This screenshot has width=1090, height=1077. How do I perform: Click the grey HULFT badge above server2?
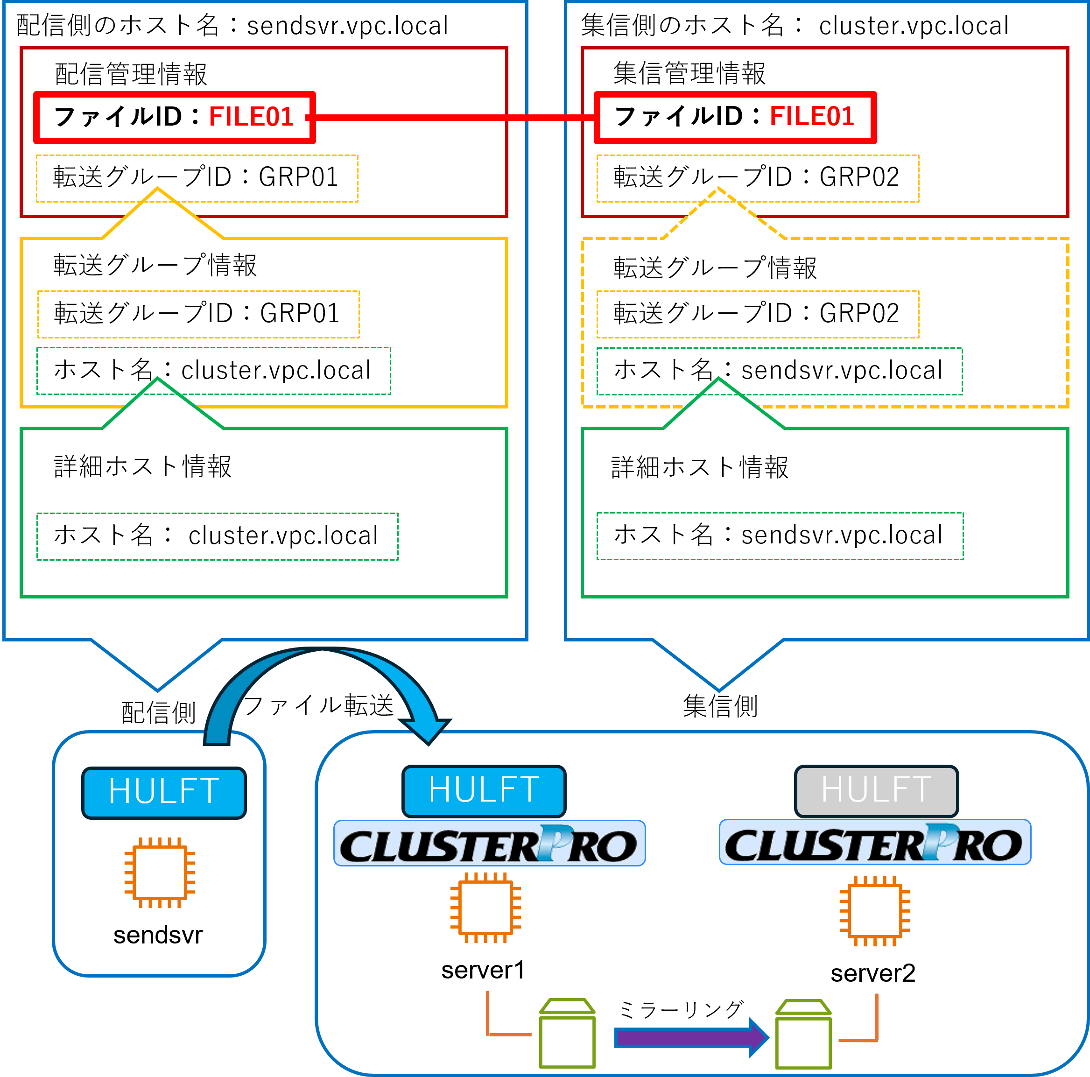pyautogui.click(x=876, y=790)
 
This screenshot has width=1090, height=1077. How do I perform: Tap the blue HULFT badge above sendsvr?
pyautogui.click(x=163, y=792)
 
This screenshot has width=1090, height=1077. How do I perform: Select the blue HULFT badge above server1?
pyautogui.click(x=484, y=790)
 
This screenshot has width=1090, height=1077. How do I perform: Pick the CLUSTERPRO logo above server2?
pyautogui.click(x=874, y=842)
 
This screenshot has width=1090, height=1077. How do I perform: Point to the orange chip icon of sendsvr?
pyautogui.click(x=160, y=872)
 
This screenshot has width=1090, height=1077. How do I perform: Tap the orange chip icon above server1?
pyautogui.click(x=485, y=907)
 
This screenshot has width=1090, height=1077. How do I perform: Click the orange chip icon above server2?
pyautogui.click(x=874, y=910)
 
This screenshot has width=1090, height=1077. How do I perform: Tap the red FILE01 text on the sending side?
pyautogui.click(x=251, y=117)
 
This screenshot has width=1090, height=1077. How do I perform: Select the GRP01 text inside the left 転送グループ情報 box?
pyautogui.click(x=300, y=313)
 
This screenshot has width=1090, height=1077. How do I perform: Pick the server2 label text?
pyautogui.click(x=873, y=973)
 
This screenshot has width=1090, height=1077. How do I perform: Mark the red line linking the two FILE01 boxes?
pyautogui.click(x=451, y=117)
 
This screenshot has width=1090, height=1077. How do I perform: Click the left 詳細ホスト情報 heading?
pyautogui.click(x=142, y=466)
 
